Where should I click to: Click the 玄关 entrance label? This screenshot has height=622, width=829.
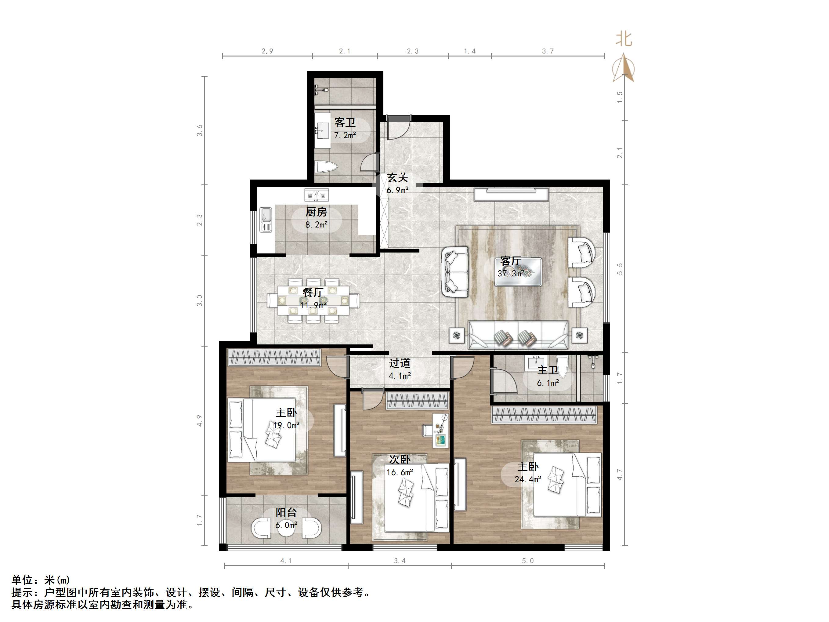(x=397, y=177)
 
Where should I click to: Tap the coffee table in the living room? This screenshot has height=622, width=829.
(x=518, y=272)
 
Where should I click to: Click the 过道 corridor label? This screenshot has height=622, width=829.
(x=400, y=363)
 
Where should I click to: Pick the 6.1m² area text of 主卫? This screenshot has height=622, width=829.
(x=548, y=383)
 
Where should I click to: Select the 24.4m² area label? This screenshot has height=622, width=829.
(x=528, y=479)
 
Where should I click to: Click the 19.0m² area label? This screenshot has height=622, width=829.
(x=286, y=425)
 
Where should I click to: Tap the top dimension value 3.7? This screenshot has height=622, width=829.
(x=548, y=51)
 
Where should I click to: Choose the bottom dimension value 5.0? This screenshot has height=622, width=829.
(x=527, y=561)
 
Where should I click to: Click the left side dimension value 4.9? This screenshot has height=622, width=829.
(x=200, y=420)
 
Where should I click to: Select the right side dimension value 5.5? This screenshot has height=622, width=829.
(x=620, y=269)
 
